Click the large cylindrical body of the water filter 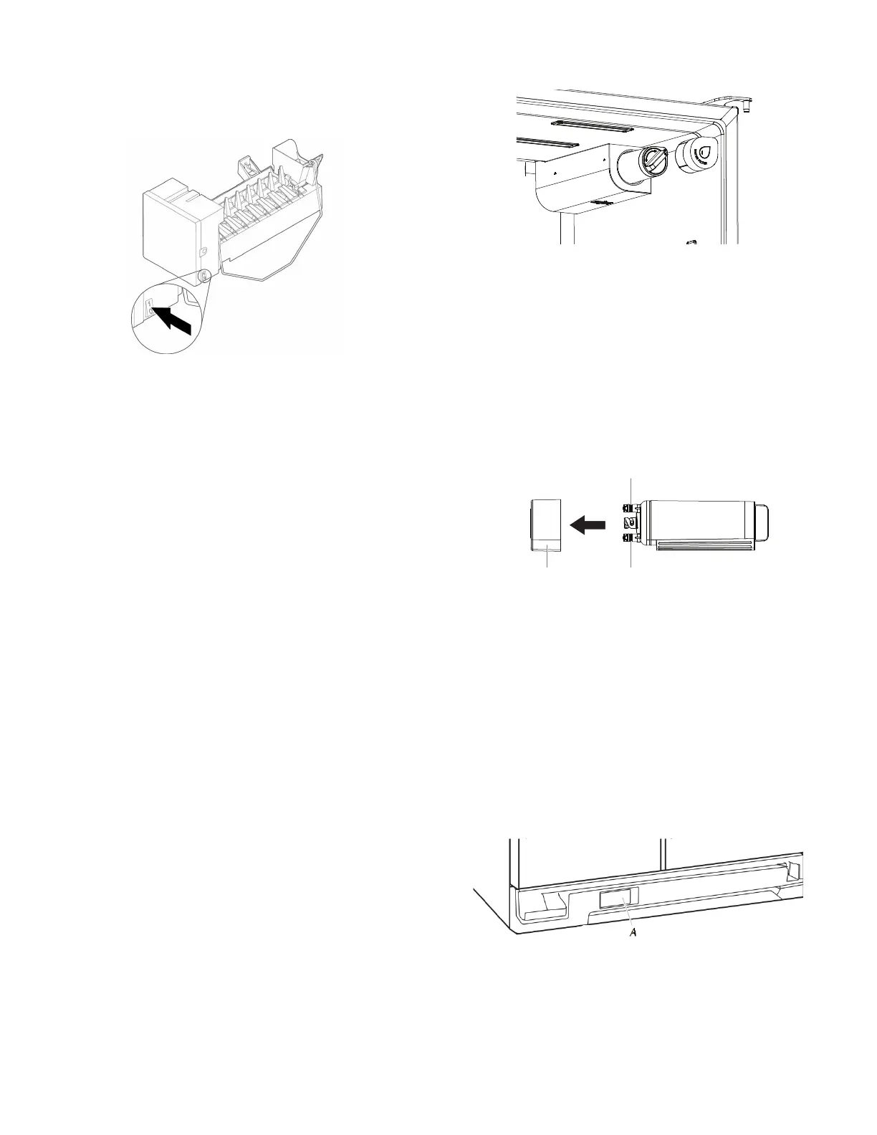pos(695,520)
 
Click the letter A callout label pos(633,932)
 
